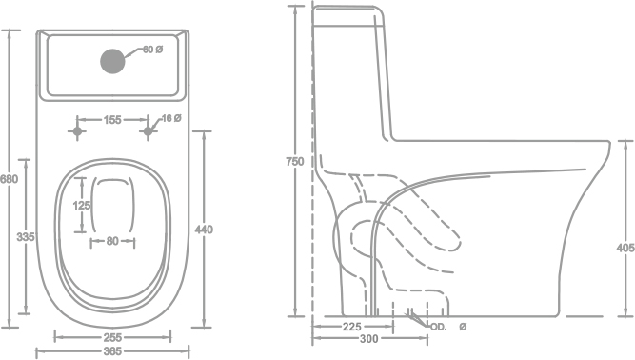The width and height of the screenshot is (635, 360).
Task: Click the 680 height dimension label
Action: pyautogui.click(x=9, y=179)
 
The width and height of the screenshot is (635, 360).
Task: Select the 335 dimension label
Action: pyautogui.click(x=26, y=237)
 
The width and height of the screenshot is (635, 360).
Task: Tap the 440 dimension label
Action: pyautogui.click(x=204, y=230)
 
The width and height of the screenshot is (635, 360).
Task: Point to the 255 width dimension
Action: pyautogui.click(x=112, y=337)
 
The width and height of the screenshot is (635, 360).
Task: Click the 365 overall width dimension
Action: pyautogui.click(x=112, y=351)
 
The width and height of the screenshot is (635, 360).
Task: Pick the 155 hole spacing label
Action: pyautogui.click(x=112, y=120)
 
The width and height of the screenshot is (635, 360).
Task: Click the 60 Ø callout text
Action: pyautogui.click(x=152, y=50)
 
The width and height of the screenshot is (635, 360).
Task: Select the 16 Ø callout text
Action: pyautogui.click(x=171, y=118)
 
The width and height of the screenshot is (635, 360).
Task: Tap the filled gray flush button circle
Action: pyautogui.click(x=112, y=62)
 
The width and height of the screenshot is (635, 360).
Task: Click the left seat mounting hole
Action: pyautogui.click(x=77, y=131)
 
